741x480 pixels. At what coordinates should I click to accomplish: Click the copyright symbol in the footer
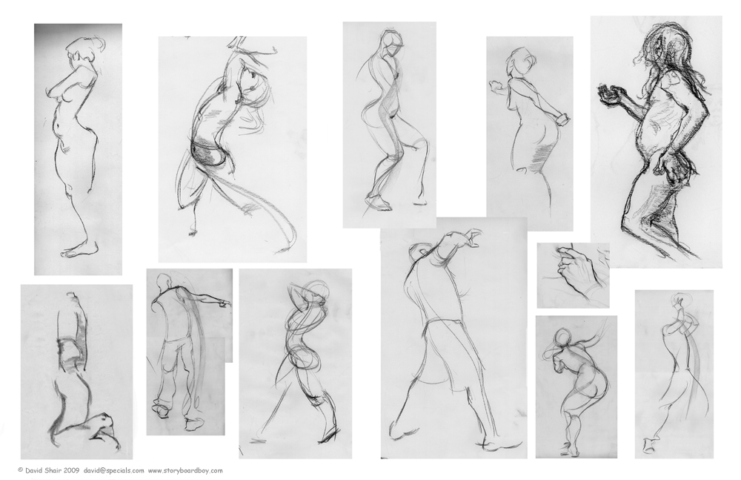[20, 470]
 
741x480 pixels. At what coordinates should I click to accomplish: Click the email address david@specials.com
[114, 470]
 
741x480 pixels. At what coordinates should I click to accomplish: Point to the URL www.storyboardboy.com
[185, 470]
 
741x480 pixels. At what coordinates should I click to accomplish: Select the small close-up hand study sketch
[574, 274]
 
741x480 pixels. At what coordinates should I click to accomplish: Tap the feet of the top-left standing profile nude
[79, 249]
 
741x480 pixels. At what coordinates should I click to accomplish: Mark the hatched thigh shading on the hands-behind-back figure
[539, 157]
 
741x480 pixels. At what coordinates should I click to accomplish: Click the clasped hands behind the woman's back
[560, 119]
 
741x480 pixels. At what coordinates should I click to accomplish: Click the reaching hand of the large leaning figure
[471, 237]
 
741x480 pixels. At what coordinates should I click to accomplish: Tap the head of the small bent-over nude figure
[562, 337]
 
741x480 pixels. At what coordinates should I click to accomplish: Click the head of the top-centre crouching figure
[393, 42]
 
